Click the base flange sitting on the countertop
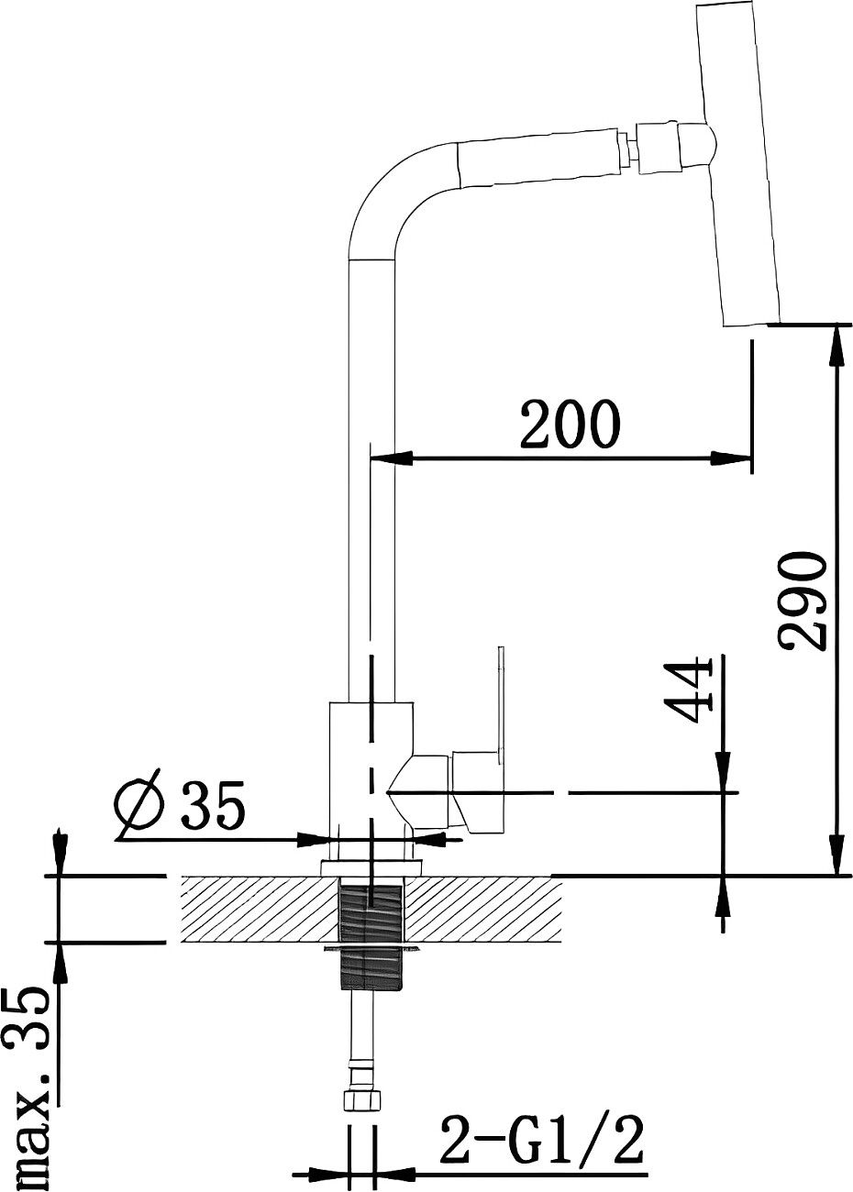point(371,867)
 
